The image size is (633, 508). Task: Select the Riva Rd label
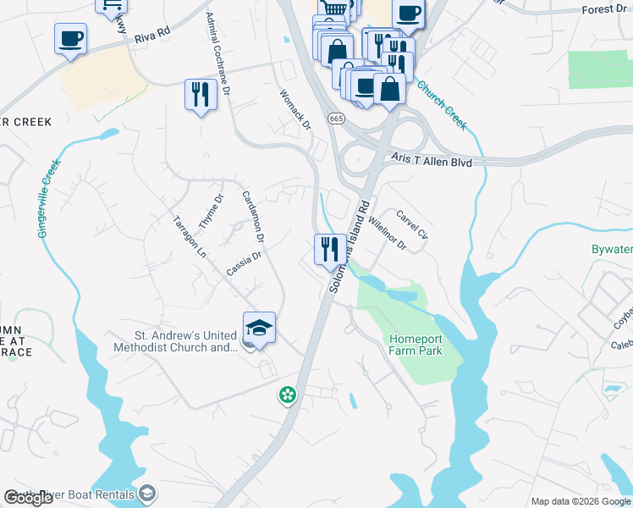click(152, 33)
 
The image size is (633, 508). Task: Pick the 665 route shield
click(337, 117)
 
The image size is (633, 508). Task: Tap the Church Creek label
click(442, 105)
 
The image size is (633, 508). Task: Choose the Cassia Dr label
click(245, 262)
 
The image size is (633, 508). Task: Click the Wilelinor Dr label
click(387, 231)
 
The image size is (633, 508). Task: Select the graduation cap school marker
click(260, 329)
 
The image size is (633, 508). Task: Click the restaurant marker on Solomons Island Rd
click(329, 249)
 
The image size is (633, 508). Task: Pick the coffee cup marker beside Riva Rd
click(70, 38)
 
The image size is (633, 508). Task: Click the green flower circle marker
click(288, 394)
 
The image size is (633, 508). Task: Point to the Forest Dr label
click(604, 9)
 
